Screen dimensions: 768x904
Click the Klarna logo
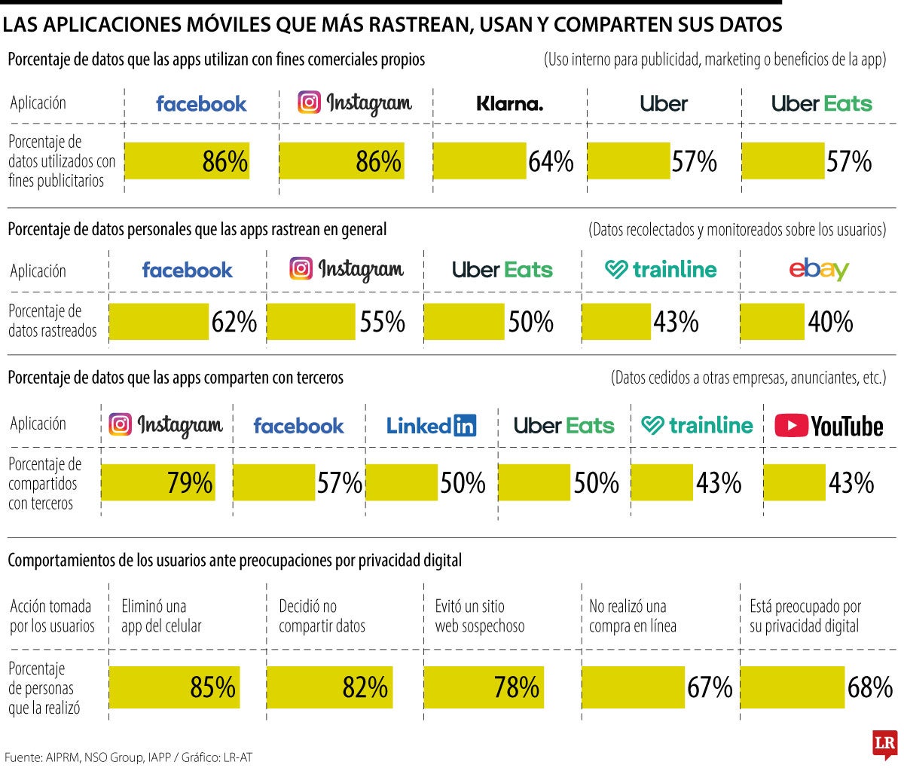point(509,104)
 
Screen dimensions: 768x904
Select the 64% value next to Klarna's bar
point(551,162)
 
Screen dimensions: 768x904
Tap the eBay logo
point(818,270)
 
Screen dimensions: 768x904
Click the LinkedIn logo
point(431,426)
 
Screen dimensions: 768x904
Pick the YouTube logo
point(829,426)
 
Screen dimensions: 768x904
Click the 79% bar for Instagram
point(158,483)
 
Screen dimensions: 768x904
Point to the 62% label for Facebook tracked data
point(234,323)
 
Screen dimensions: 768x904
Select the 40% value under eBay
point(830,323)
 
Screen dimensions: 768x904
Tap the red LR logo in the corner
point(884,744)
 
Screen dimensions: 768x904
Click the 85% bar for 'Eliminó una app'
point(175,687)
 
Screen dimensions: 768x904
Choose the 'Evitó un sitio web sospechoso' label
point(480,616)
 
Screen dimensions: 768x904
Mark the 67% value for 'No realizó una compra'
point(710,687)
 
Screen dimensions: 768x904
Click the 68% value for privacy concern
point(869,687)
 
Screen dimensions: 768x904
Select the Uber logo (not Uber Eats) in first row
point(664,104)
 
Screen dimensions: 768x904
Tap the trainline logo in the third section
point(697,426)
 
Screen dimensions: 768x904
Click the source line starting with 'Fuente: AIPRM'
point(127,757)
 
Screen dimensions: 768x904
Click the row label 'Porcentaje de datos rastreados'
point(53,320)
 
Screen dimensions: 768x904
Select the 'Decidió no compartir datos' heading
point(322,616)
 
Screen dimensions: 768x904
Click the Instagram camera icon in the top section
point(309,103)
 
